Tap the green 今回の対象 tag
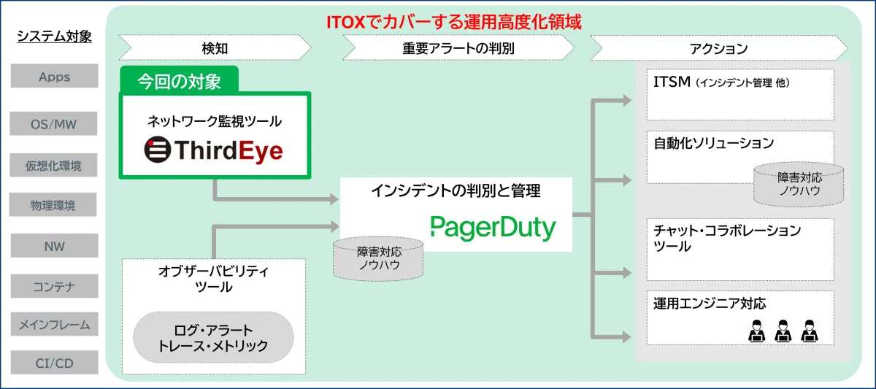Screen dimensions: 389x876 point(179,80)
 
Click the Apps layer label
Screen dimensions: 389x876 point(54,77)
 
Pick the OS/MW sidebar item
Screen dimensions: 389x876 point(53,124)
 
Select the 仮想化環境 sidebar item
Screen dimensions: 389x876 point(53,166)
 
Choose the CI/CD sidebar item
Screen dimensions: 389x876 point(54,363)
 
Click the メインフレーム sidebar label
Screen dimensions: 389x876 point(53,324)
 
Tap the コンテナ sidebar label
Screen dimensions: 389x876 point(53,287)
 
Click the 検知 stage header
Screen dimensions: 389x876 point(215,49)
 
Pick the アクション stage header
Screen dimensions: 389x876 point(718,49)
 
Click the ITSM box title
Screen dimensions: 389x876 point(672,82)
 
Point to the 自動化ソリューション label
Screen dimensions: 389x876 point(713,143)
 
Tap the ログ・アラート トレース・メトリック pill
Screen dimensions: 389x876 point(213,337)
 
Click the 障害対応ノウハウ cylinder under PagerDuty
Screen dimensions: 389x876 point(378,258)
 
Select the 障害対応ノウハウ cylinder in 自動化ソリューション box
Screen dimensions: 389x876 point(799,183)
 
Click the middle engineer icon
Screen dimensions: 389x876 point(782,331)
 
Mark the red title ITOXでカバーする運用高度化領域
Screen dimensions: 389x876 point(453,23)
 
